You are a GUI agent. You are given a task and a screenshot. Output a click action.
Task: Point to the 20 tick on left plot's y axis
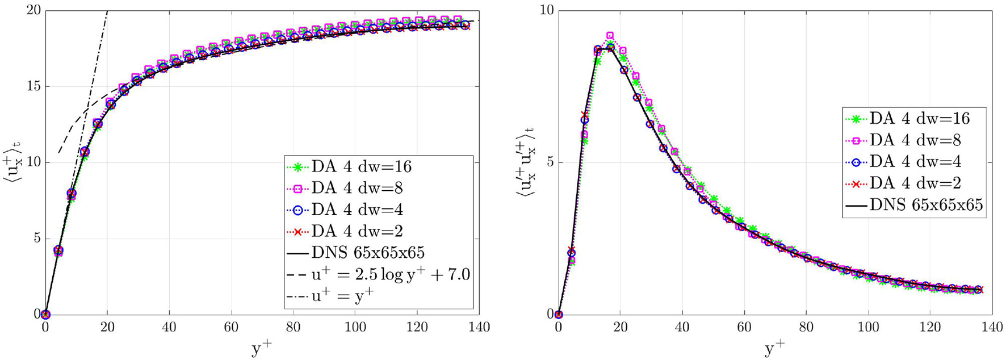[32, 11]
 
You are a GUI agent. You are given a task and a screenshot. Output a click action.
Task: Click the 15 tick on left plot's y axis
[32, 87]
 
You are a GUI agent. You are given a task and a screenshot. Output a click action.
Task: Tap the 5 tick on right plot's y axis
[548, 162]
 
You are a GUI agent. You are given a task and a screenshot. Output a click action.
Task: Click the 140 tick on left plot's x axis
[479, 328]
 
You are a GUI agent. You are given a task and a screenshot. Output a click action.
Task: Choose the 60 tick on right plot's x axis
[744, 328]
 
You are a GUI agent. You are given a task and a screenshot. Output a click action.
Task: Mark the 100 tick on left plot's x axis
[355, 328]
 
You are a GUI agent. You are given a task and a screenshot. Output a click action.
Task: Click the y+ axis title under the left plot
[262, 348]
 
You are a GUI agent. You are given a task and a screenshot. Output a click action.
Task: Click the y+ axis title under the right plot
[776, 348]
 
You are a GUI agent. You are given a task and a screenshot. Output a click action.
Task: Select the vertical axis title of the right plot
[523, 162]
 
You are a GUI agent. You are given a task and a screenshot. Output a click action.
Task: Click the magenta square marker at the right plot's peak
[610, 36]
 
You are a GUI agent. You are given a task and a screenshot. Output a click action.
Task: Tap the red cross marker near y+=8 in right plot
[585, 115]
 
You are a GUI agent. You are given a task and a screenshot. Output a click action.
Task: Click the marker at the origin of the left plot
[45, 314]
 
